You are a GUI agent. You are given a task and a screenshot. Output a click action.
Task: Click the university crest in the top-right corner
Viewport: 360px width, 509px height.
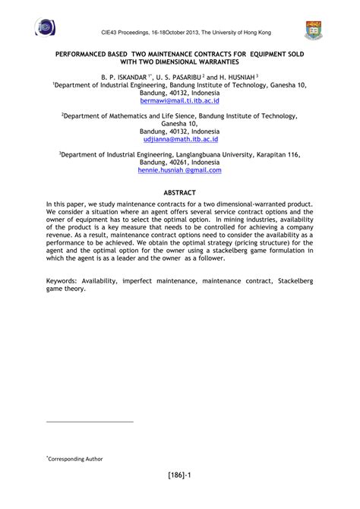[313, 30]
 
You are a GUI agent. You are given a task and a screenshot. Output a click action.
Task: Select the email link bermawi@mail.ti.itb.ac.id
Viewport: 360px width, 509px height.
[179, 100]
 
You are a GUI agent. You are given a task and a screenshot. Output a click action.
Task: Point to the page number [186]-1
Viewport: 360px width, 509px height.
[179, 476]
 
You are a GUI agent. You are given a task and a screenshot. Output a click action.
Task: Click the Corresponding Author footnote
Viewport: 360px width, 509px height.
[74, 459]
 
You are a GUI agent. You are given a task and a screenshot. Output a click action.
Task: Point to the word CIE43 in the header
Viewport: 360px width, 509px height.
[111, 32]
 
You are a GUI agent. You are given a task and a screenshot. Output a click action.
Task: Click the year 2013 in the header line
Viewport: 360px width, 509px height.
[201, 32]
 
